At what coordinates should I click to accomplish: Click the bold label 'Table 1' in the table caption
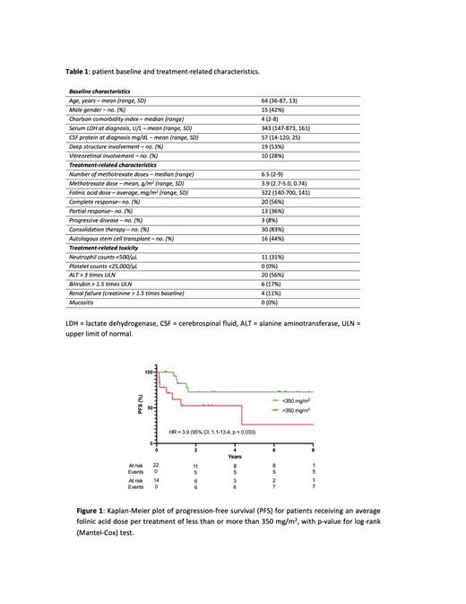[78, 70]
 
